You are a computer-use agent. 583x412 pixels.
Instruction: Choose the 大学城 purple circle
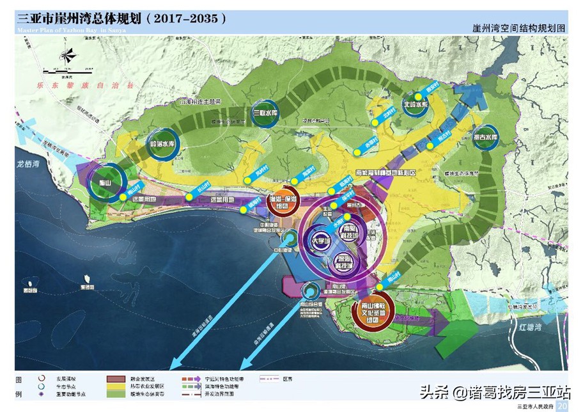tap(319, 242)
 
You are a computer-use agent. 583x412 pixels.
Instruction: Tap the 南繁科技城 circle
tap(350, 232)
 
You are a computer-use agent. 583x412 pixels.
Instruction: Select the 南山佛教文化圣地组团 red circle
tap(371, 314)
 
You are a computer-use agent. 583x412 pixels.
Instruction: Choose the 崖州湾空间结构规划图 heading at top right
tap(518, 28)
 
